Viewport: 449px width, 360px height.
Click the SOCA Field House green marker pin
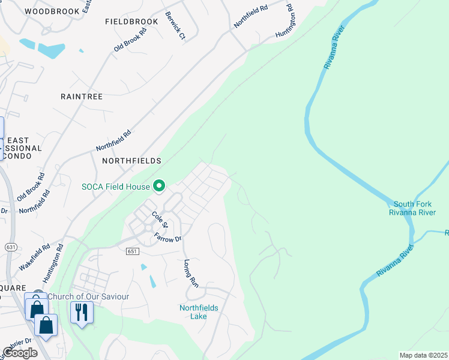tap(159, 187)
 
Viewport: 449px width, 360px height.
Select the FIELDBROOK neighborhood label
tap(131, 22)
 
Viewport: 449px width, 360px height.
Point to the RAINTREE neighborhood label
tap(82, 96)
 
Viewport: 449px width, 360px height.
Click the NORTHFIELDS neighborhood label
tap(132, 161)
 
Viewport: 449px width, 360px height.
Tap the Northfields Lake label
tap(199, 313)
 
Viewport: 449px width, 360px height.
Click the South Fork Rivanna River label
tap(412, 208)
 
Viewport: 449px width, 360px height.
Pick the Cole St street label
tap(159, 220)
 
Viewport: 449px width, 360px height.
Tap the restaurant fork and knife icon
tap(82, 312)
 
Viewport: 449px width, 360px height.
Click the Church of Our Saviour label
tap(88, 296)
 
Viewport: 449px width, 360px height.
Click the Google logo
tap(20, 353)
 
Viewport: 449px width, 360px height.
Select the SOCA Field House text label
tap(115, 187)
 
